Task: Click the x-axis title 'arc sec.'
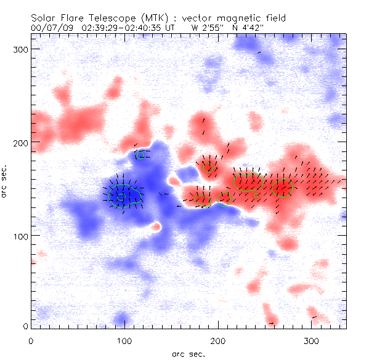[x=188, y=353]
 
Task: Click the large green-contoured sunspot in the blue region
[x=123, y=196]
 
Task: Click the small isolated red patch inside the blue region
[x=156, y=226]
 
